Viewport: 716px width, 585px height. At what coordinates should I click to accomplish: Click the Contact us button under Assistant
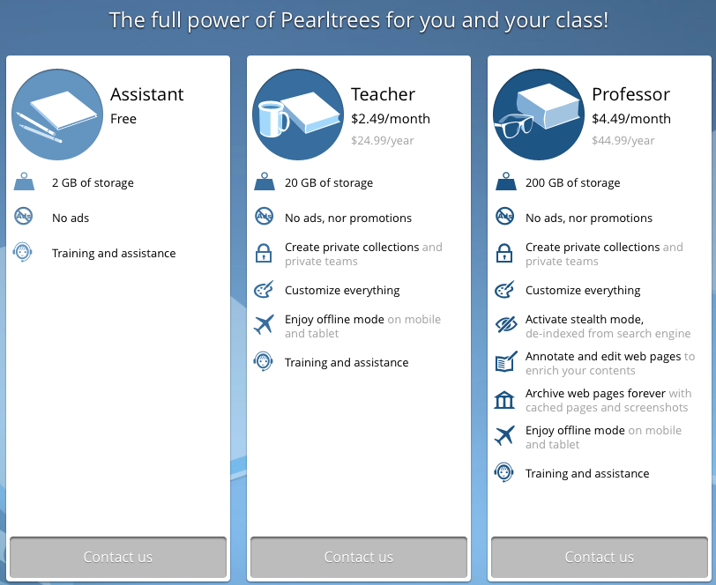(118, 557)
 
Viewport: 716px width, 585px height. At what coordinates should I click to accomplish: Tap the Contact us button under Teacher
(359, 557)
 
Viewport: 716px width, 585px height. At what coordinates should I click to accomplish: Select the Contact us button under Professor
(600, 557)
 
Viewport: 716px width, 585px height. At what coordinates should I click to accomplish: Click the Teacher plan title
(383, 94)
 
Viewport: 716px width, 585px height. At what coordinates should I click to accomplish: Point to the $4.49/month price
(631, 119)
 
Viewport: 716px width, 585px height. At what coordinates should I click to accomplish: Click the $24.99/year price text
(382, 141)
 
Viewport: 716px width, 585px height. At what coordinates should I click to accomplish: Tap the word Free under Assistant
(123, 119)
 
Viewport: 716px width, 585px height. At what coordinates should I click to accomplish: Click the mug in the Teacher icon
(273, 119)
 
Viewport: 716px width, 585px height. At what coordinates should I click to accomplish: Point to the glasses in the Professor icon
(515, 124)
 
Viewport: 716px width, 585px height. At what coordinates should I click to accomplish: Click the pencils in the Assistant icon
(39, 128)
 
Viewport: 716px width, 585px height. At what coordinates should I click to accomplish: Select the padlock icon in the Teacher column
(264, 253)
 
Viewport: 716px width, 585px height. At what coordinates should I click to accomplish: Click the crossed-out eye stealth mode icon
(506, 325)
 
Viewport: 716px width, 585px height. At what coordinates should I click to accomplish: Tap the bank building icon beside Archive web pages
(504, 400)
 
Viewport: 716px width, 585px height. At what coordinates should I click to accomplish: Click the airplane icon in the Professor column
(504, 435)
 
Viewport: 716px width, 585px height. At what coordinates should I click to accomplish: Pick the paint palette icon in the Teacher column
(264, 290)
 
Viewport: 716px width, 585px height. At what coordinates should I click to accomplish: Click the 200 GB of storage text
(572, 183)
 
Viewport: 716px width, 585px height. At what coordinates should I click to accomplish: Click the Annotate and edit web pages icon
(506, 362)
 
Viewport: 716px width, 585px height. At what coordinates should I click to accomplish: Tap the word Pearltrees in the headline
(330, 20)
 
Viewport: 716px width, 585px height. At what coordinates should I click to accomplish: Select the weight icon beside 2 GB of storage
(24, 181)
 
